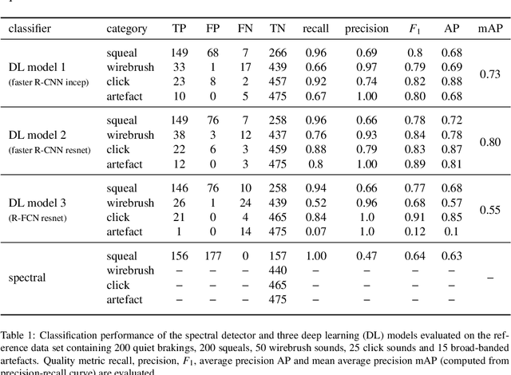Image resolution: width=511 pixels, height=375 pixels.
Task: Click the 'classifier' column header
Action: [x=30, y=29]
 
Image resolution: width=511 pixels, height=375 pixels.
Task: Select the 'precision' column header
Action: [x=366, y=29]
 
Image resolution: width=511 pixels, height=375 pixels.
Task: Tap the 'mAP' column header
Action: [x=489, y=29]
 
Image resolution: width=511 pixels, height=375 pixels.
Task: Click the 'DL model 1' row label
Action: [x=40, y=67]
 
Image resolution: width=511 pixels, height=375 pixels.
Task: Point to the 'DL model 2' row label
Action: [x=40, y=134]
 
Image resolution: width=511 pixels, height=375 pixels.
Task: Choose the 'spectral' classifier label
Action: [x=28, y=278]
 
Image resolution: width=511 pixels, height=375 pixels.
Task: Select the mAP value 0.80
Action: [x=489, y=142]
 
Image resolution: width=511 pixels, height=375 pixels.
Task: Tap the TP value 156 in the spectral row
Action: [x=180, y=256]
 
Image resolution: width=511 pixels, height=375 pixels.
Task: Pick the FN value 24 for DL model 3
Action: [x=244, y=203]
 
